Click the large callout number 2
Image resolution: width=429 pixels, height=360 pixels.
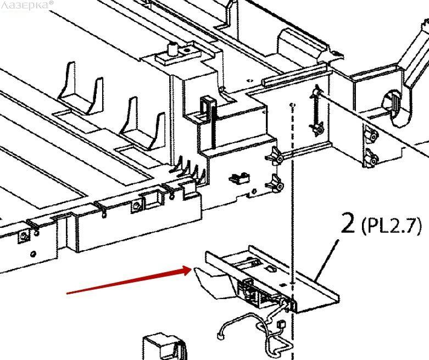[348, 224]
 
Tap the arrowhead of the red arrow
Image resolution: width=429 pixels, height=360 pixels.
[190, 269]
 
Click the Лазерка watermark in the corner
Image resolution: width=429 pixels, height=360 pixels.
[27, 4]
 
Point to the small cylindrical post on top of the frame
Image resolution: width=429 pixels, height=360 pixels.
[171, 50]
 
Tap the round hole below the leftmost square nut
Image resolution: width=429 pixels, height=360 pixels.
[34, 254]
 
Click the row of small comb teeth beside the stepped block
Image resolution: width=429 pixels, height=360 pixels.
[190, 167]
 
